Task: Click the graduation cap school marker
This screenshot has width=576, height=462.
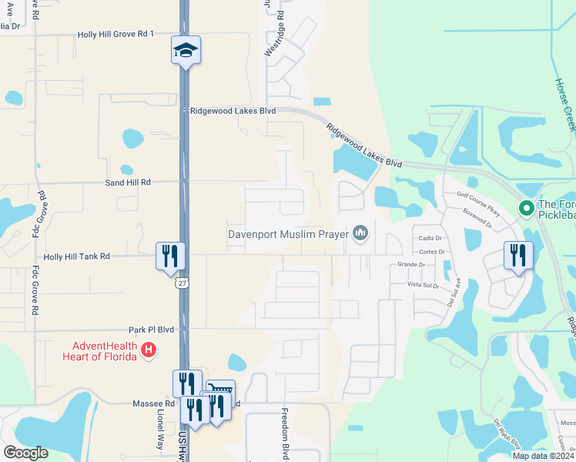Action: (x=186, y=51)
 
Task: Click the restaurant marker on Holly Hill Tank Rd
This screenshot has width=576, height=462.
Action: (x=170, y=256)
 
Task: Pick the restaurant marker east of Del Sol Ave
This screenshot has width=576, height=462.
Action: (x=518, y=256)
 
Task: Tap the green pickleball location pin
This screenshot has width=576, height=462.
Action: (x=527, y=208)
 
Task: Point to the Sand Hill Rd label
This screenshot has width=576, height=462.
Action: (x=129, y=182)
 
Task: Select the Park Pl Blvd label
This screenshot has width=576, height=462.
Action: (x=152, y=330)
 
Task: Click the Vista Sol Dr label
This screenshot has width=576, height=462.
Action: (x=424, y=285)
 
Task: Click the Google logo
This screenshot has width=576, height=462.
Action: (x=25, y=453)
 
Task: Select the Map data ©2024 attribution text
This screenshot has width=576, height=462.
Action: (x=544, y=456)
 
